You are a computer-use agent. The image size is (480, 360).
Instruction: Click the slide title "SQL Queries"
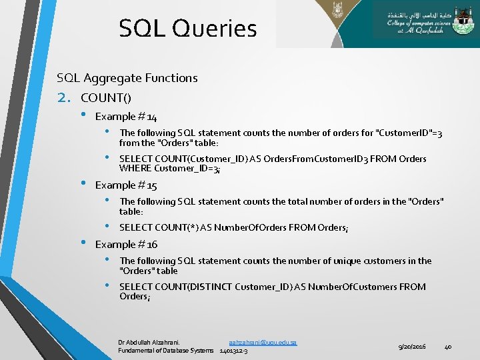(187, 29)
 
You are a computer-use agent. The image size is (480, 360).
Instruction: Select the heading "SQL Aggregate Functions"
(127, 78)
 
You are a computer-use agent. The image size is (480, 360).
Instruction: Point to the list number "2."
(65, 98)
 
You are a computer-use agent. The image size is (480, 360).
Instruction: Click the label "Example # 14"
(126, 117)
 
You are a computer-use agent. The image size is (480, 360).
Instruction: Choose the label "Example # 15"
(126, 185)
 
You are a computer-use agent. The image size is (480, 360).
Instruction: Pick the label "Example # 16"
(126, 245)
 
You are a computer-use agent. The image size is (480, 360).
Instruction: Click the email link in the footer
(263, 342)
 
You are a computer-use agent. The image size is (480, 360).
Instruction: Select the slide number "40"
(448, 346)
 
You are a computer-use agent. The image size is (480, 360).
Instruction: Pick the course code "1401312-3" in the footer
(233, 351)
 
